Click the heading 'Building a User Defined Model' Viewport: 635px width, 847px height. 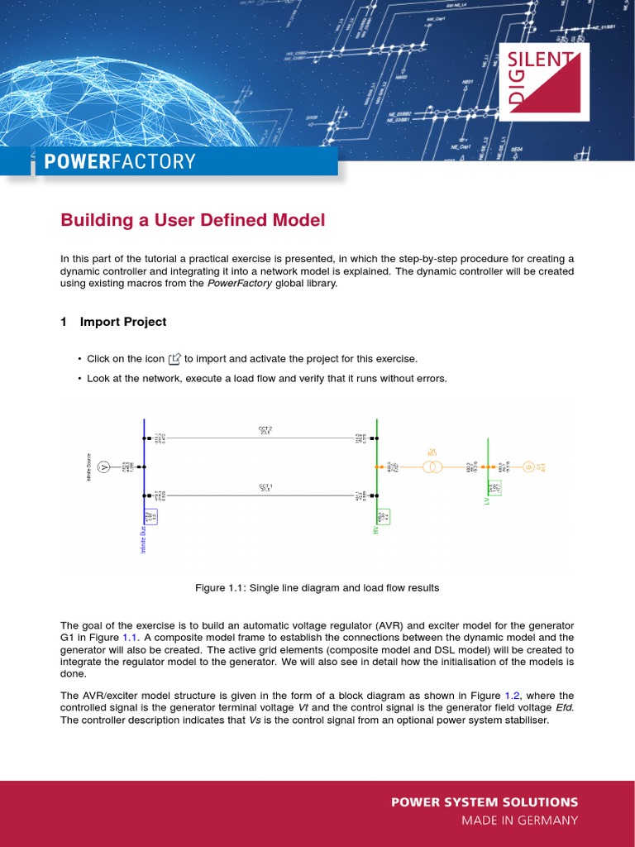pos(193,221)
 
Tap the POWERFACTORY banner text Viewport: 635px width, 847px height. pos(120,161)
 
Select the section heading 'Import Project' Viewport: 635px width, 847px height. pos(123,322)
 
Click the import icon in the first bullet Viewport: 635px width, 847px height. pos(174,359)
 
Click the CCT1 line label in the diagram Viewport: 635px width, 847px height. pos(265,488)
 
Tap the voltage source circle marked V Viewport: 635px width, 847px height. pos(104,467)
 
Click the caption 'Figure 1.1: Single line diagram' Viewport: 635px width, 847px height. pos(317,588)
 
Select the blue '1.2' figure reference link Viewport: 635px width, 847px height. pos(528,696)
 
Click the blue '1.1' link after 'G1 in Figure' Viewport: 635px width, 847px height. pos(131,638)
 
